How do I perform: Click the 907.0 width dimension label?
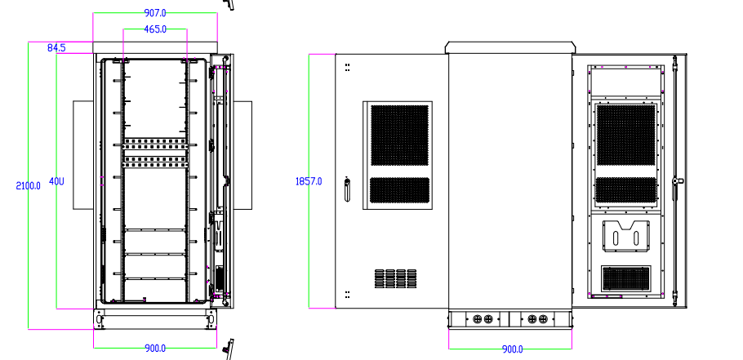(x=155, y=13)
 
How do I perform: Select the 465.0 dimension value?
(x=155, y=29)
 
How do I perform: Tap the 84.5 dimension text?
(x=56, y=48)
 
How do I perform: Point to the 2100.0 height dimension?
(x=29, y=185)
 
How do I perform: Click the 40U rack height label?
(x=56, y=180)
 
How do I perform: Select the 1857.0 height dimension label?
(x=309, y=180)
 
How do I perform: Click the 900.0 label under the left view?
(x=155, y=349)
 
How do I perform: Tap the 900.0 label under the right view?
(x=512, y=349)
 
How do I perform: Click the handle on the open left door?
(x=346, y=189)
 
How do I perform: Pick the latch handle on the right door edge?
(x=676, y=187)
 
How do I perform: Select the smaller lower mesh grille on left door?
(x=400, y=189)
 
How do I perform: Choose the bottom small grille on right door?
(x=627, y=278)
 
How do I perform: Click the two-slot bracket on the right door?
(x=626, y=238)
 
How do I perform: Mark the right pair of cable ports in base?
(x=537, y=319)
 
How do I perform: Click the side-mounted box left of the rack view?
(x=83, y=155)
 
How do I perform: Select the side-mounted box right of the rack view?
(x=243, y=155)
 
